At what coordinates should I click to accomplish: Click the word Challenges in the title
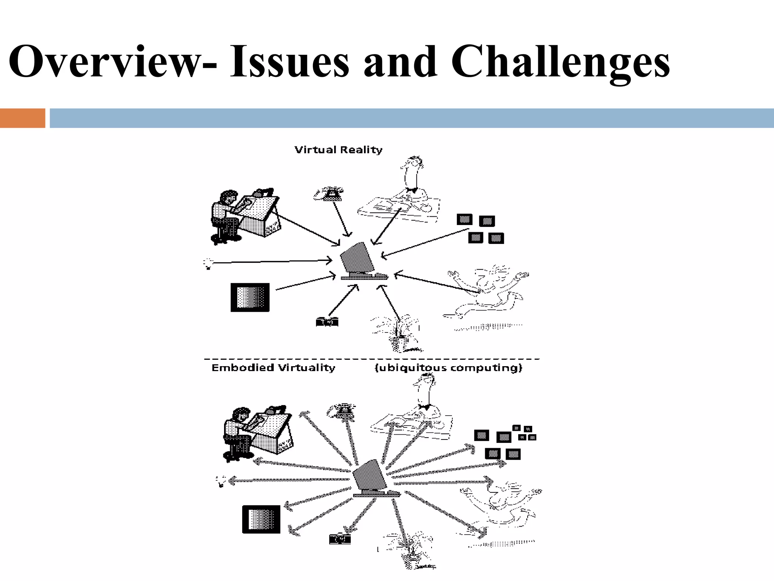point(560,62)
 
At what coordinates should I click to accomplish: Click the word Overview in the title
point(108,62)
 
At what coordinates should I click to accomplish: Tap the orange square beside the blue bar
point(22,118)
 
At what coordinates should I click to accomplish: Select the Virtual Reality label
point(338,150)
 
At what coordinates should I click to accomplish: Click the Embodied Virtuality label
point(273,368)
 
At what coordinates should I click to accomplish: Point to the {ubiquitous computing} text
point(448,368)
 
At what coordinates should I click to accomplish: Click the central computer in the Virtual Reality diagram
point(361,261)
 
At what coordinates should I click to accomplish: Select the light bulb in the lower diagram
point(221,480)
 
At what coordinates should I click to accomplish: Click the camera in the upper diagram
point(327,322)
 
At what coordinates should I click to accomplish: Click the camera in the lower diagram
point(340,539)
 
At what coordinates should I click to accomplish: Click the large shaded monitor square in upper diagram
point(250,297)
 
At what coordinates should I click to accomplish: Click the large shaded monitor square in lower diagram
point(261,519)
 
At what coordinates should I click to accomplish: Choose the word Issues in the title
point(289,62)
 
